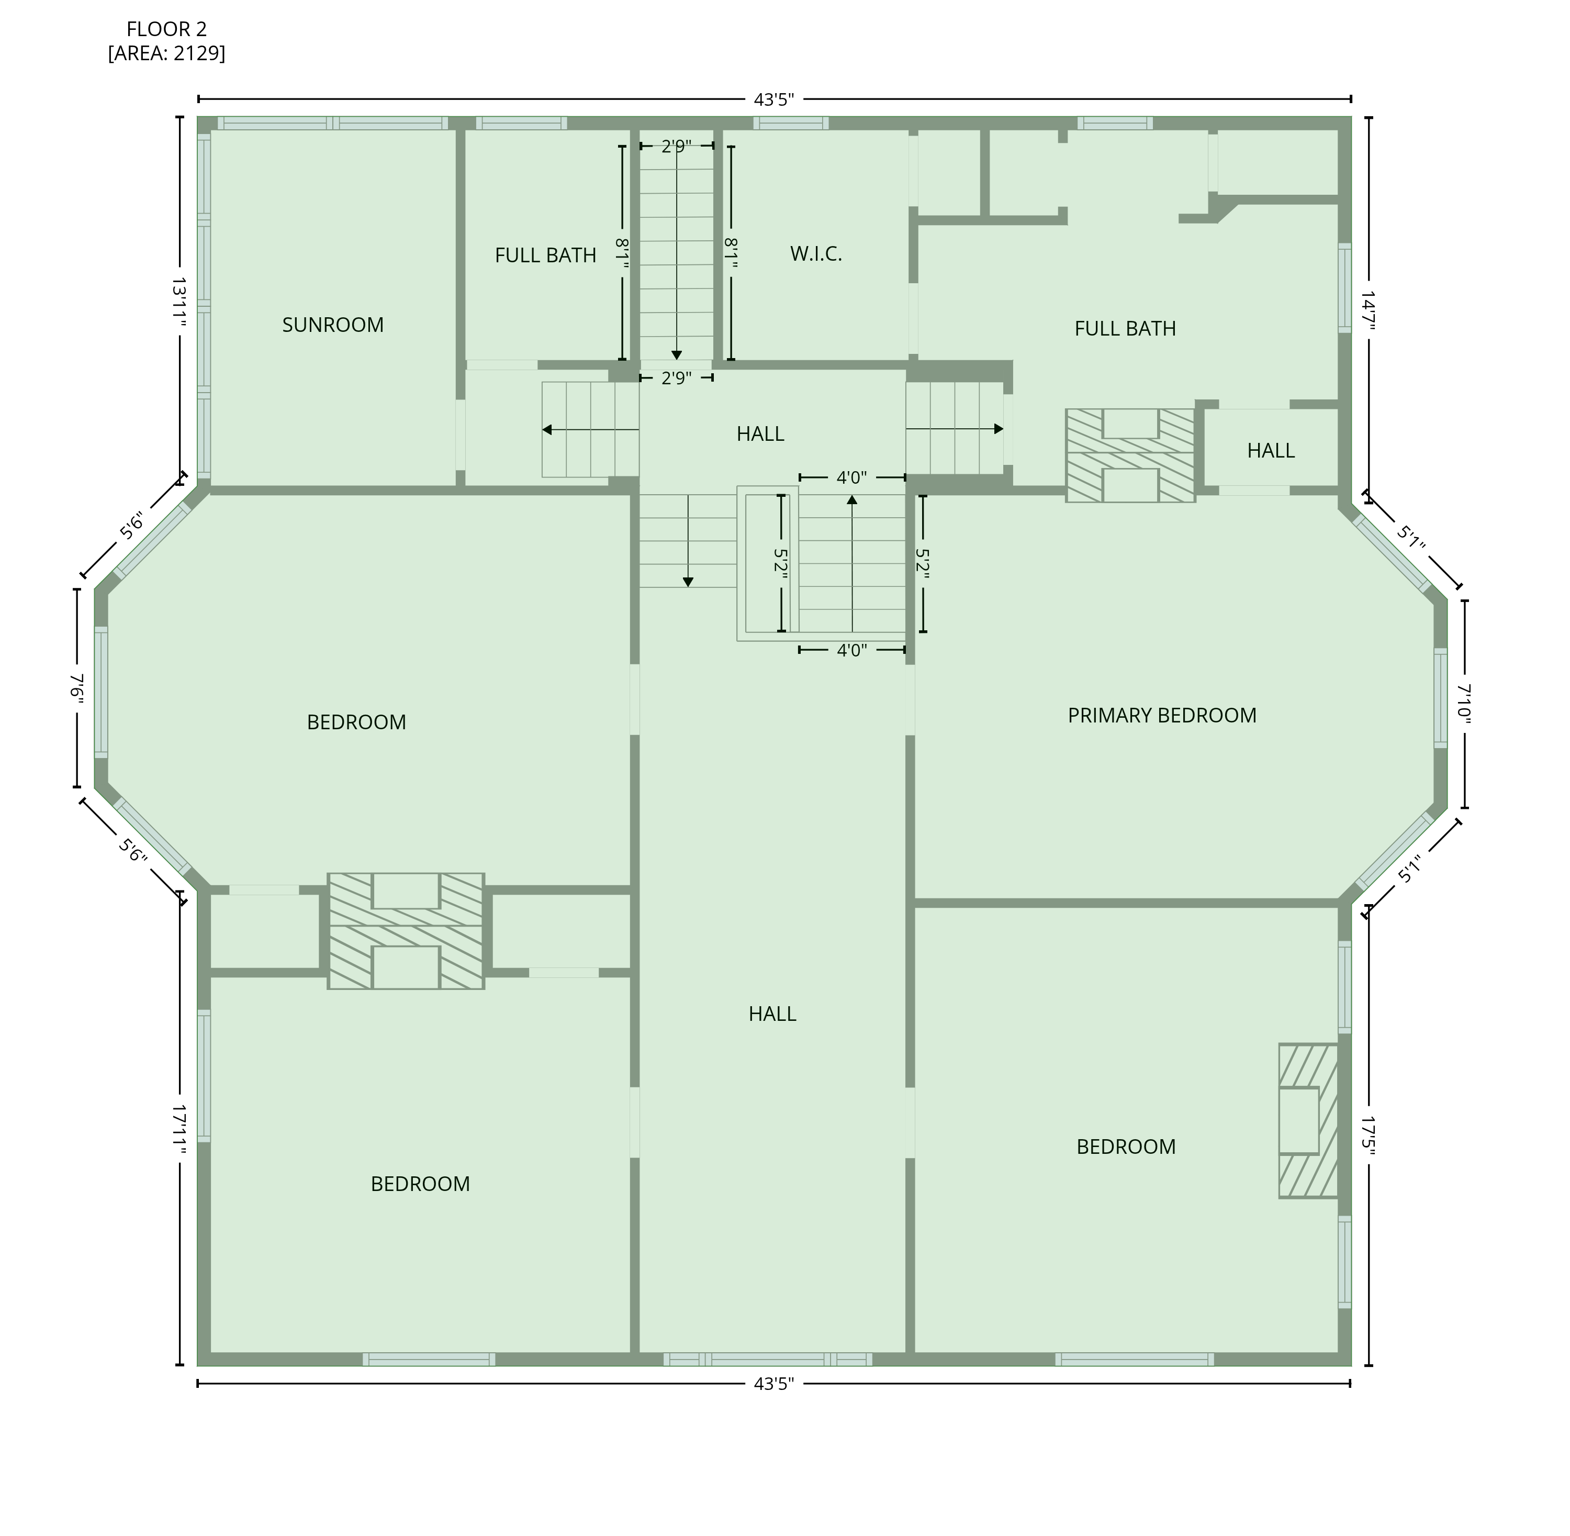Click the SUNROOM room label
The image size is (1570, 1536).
click(x=332, y=325)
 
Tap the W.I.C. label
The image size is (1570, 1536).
click(x=816, y=254)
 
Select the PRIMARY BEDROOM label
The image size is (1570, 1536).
click(x=1162, y=716)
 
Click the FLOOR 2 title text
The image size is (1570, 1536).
click(x=167, y=29)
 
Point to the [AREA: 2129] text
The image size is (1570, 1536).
click(x=167, y=53)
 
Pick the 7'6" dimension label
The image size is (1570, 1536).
click(x=77, y=691)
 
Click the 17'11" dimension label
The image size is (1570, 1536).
click(x=179, y=1130)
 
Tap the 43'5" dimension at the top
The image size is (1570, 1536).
click(x=774, y=100)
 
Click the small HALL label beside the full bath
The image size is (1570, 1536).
click(x=1271, y=451)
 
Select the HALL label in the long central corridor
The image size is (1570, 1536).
click(x=772, y=1014)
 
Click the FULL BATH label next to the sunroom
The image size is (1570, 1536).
click(x=545, y=255)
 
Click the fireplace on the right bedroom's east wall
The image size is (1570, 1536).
click(x=1308, y=1120)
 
